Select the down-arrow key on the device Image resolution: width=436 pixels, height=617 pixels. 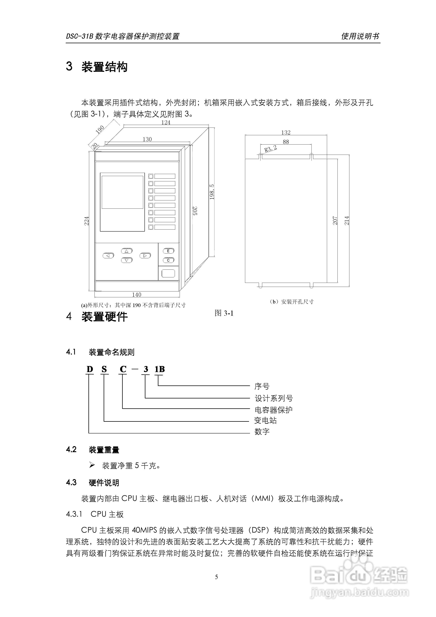coord(127,260)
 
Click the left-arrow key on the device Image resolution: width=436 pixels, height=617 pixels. coord(108,256)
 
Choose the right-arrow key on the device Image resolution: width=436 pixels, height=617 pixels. coord(145,256)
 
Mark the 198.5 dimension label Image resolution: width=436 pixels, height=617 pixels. coord(212,192)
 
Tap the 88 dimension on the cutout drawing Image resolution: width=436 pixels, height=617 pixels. coord(286,142)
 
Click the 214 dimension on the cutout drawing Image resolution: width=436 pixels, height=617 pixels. coord(347,220)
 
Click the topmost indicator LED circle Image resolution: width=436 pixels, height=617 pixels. coord(151,176)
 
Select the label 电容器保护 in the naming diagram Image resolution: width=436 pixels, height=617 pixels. coord(273,410)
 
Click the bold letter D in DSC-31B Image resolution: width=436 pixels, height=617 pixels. coord(90,369)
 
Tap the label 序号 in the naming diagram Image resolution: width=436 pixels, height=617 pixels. coord(262,386)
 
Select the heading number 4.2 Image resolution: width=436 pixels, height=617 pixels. coord(71,449)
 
